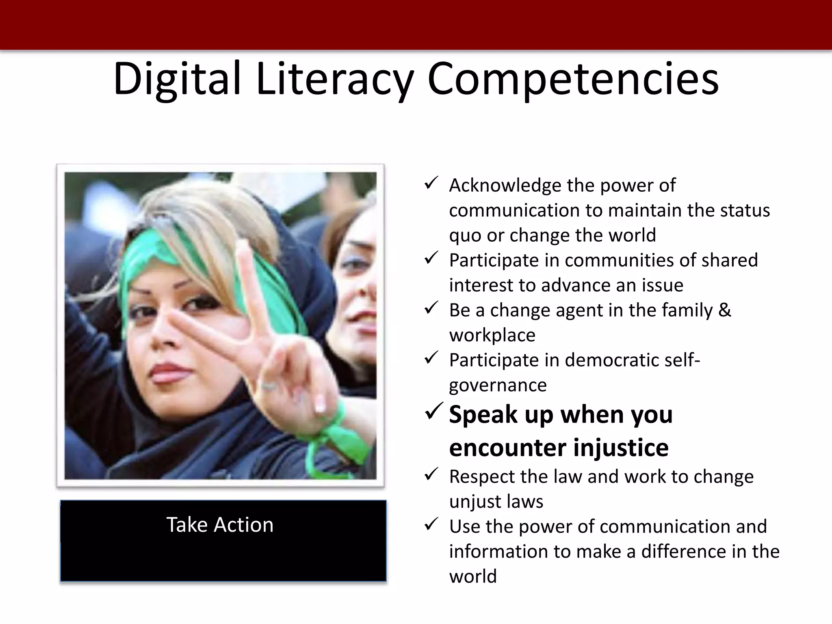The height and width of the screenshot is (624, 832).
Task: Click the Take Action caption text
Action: [x=220, y=524]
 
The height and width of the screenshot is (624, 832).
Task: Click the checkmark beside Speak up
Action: [x=435, y=412]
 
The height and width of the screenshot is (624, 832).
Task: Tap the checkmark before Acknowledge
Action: [x=431, y=183]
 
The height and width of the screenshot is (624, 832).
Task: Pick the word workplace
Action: [x=492, y=336]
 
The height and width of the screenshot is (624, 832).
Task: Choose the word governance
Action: [x=498, y=386]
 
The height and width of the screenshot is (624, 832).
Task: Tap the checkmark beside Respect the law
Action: [x=431, y=474]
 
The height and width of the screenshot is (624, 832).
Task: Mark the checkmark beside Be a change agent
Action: [x=431, y=308]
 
